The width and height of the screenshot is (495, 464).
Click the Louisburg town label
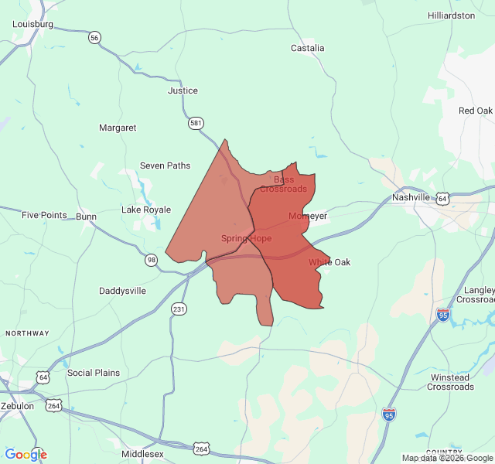[32, 24]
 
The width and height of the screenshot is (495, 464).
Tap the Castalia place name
[307, 48]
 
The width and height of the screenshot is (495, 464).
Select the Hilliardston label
[451, 15]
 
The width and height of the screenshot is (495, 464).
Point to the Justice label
[183, 90]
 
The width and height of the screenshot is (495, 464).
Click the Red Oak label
[476, 111]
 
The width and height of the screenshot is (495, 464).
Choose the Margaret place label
[118, 128]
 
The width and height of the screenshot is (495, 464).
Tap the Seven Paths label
[165, 165]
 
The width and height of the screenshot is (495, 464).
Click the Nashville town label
[411, 197]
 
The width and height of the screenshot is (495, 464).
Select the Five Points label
[44, 215]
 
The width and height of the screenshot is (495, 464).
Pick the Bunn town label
[86, 217]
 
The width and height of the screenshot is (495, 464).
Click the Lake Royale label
[146, 210]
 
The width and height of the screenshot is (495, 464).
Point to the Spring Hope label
[246, 238]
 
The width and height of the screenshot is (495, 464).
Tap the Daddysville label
[122, 291]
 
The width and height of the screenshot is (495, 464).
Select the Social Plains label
[94, 373]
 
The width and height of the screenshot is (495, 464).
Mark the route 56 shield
[94, 38]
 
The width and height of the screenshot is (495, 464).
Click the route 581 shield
[196, 122]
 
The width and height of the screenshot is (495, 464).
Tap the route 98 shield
[152, 259]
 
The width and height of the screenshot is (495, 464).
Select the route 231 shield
[179, 309]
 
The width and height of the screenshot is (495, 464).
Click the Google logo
[26, 455]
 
